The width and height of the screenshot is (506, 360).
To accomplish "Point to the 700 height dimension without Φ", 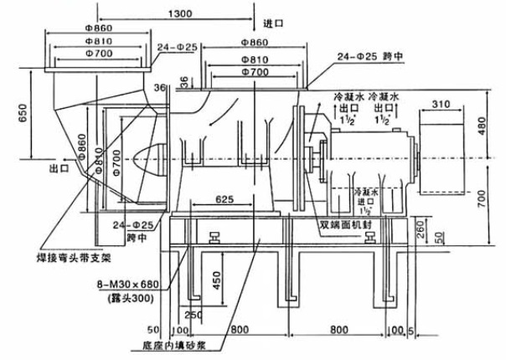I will (x=492, y=198).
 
